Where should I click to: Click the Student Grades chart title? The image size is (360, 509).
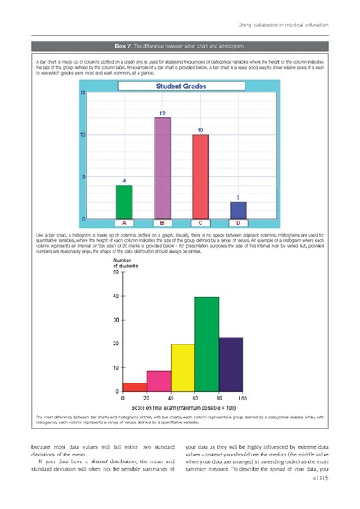[x=180, y=87]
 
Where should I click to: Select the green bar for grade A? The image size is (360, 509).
[x=124, y=201]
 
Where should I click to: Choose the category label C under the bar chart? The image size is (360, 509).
[x=200, y=223]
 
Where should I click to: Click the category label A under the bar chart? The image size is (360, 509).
[x=125, y=223]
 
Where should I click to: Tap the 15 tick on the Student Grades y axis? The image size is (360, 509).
[x=82, y=92]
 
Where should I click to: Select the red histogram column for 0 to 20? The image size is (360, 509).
[x=135, y=387]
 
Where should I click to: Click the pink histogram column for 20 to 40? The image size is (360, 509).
[x=159, y=380]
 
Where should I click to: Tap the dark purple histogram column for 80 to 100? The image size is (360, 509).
[x=230, y=364]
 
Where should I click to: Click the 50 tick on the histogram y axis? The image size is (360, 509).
[x=115, y=272]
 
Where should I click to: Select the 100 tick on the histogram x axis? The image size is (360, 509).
[x=243, y=398]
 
